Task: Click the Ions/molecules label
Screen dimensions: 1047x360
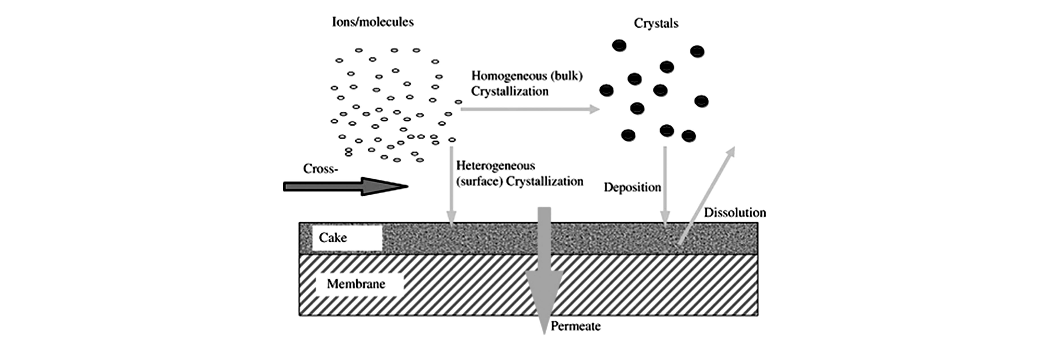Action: (373, 22)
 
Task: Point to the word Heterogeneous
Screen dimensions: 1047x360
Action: (495, 166)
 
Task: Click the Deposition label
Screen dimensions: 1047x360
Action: (632, 187)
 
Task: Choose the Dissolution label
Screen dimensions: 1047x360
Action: (735, 213)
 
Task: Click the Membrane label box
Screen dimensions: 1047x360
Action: (360, 284)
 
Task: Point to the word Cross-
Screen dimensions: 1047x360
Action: (320, 169)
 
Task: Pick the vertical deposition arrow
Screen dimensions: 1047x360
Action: (665, 185)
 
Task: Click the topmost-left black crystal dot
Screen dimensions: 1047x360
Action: (619, 45)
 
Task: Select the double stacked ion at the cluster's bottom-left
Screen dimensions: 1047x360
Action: (348, 152)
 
